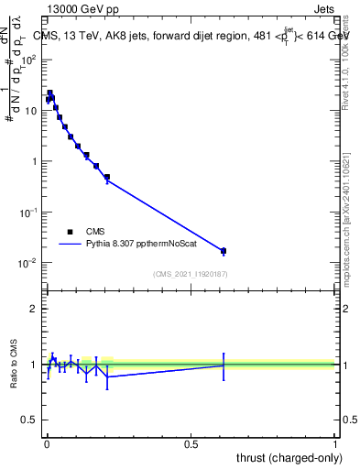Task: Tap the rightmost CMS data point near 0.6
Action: click(x=223, y=250)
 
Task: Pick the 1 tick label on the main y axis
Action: click(x=34, y=161)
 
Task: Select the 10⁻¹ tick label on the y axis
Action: click(x=29, y=212)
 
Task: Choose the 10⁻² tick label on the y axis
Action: click(x=29, y=263)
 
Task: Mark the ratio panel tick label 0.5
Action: click(x=30, y=420)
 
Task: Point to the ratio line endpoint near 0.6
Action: click(x=223, y=365)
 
